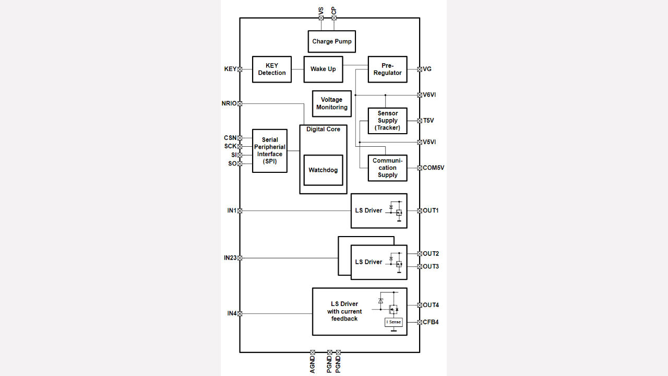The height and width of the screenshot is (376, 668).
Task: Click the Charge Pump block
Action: pyautogui.click(x=332, y=42)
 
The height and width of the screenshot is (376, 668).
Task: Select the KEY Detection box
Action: pyautogui.click(x=272, y=69)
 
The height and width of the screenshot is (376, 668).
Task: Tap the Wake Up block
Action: pyautogui.click(x=323, y=69)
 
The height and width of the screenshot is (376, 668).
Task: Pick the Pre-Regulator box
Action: pyautogui.click(x=387, y=69)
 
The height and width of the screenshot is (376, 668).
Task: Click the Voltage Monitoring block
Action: pyautogui.click(x=331, y=103)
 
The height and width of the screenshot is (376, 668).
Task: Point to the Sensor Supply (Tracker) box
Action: pyautogui.click(x=387, y=121)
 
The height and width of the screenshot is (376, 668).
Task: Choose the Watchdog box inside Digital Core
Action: pyautogui.click(x=323, y=170)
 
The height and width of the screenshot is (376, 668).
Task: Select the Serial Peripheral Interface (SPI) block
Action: pyautogui.click(x=270, y=151)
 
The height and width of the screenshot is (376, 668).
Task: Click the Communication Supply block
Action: pyautogui.click(x=387, y=168)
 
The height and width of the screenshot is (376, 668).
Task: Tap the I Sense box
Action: pyautogui.click(x=393, y=322)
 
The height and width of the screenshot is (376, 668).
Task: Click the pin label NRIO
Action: pyautogui.click(x=229, y=103)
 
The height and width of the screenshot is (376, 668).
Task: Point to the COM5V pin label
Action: pyautogui.click(x=434, y=168)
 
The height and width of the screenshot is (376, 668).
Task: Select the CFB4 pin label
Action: pyautogui.click(x=431, y=322)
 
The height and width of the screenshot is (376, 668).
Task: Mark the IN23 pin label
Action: pyautogui.click(x=230, y=258)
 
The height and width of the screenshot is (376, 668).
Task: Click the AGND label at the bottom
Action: pyautogui.click(x=313, y=364)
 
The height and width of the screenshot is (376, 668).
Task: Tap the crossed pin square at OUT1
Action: pyautogui.click(x=419, y=211)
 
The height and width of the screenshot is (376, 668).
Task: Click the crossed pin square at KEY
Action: pyautogui.click(x=240, y=69)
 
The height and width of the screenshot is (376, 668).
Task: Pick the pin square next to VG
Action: pyautogui.click(x=419, y=69)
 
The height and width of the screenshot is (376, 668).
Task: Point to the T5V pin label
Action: pyautogui.click(x=428, y=121)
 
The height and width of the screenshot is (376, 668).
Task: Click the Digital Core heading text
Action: pyautogui.click(x=323, y=129)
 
